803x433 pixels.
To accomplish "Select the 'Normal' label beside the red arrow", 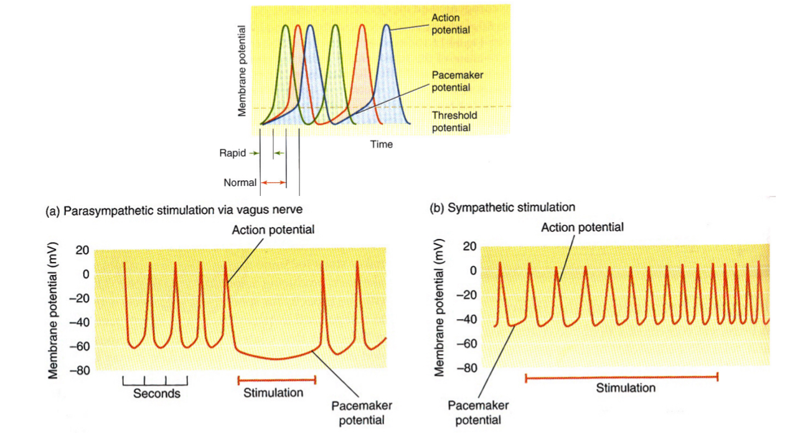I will click(240, 183).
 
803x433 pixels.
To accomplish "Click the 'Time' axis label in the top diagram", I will click(382, 144).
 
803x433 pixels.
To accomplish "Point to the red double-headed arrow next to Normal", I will click(273, 183).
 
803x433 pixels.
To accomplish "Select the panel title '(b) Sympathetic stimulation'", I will click(502, 207).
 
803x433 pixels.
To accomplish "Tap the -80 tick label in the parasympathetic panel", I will click(82, 371).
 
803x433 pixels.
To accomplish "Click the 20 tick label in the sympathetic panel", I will click(469, 247).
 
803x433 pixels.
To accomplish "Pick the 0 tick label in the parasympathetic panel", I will click(86, 274).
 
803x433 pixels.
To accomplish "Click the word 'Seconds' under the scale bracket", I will click(156, 394).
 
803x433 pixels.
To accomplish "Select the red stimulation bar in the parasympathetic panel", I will click(277, 379).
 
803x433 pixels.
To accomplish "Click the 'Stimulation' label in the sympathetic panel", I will click(626, 388).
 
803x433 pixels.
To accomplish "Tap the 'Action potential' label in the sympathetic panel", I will click(582, 228).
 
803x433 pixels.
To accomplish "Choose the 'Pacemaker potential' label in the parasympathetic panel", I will click(357, 412).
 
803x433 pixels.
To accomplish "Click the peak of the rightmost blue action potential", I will click(387, 26).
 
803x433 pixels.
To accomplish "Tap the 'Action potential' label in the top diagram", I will click(450, 24).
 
